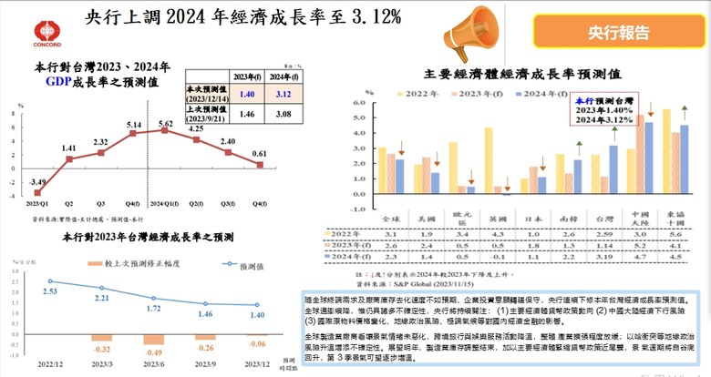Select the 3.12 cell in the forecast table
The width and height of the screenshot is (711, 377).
point(283,94)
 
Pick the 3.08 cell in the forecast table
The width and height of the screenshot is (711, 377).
point(283,114)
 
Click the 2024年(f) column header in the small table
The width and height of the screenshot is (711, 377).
point(283,76)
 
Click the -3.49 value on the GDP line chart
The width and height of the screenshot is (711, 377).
point(36,184)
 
